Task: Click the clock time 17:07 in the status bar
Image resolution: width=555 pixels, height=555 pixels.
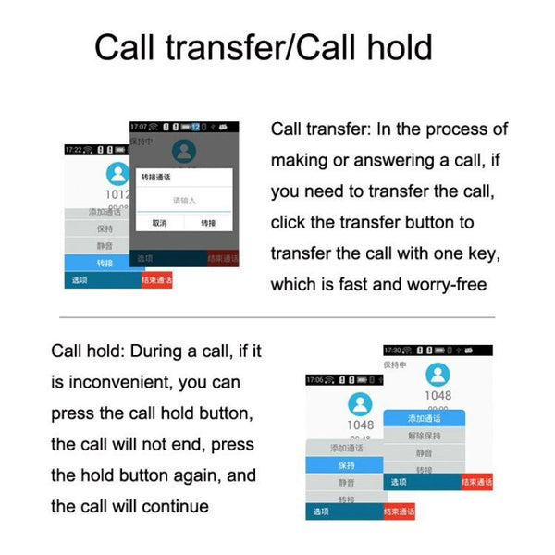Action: coord(140,126)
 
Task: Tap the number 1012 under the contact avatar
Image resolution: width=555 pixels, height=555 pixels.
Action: coord(117,195)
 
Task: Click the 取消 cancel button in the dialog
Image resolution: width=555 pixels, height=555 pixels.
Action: coord(159,223)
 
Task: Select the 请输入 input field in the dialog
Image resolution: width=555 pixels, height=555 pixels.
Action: coord(184,200)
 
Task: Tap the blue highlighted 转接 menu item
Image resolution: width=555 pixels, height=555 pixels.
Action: coord(105,263)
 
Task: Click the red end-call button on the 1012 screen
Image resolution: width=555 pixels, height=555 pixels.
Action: coord(155,279)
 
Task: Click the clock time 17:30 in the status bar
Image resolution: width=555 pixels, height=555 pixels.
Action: coord(393,351)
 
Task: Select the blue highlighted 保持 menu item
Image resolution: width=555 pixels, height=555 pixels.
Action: coord(346,465)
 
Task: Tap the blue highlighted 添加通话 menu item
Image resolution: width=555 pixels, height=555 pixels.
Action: coord(424,418)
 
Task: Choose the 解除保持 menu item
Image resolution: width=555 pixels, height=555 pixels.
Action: coord(424,436)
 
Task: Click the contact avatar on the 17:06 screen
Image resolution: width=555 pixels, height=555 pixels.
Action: coord(360,404)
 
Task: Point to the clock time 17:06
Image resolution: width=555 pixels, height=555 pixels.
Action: coord(315,379)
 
